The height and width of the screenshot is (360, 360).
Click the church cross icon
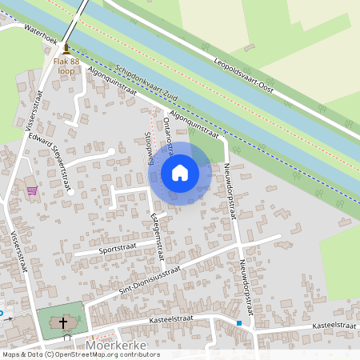coord(62,323)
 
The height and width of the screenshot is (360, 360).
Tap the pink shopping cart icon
coord(32,190)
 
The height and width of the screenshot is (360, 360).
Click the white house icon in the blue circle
coord(180,172)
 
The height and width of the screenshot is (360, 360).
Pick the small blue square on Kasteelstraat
coord(238,323)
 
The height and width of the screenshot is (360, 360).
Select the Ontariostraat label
coord(169,131)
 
